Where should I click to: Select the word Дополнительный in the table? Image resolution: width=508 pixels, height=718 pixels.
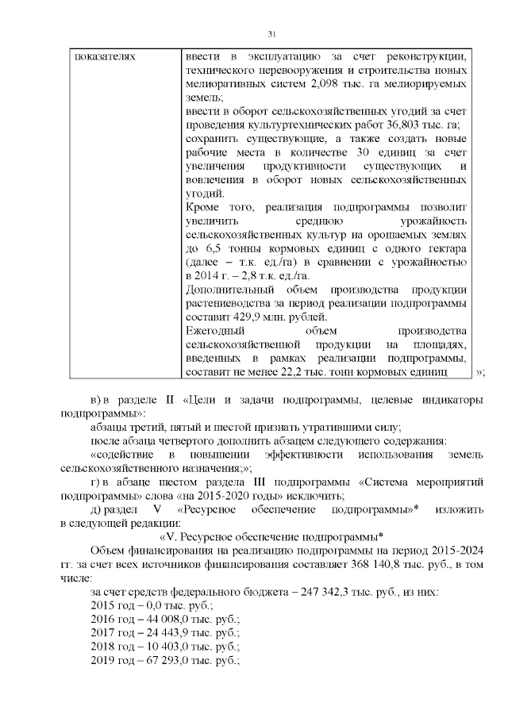224,290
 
